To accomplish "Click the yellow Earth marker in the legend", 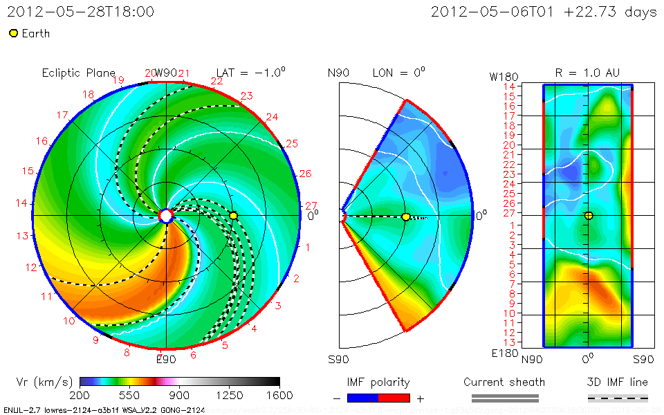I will click(x=13, y=33).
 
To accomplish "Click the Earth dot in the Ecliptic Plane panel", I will click(x=234, y=216).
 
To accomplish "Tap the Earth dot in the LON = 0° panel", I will click(x=406, y=217).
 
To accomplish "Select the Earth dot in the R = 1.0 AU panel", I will click(x=589, y=216).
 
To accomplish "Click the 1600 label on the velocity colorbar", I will click(x=279, y=395).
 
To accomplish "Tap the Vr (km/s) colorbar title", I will click(x=44, y=382).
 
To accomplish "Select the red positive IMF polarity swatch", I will click(x=394, y=398).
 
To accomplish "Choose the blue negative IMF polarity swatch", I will click(x=363, y=398).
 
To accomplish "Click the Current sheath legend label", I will click(x=504, y=382).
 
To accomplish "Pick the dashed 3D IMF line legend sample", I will click(x=618, y=398).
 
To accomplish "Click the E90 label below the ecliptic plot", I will click(x=166, y=359).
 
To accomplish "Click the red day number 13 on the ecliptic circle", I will click(x=23, y=236).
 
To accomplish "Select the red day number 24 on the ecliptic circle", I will click(x=272, y=117).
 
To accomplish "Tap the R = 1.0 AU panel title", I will click(x=587, y=73).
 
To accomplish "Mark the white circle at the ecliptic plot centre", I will click(x=166, y=216).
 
